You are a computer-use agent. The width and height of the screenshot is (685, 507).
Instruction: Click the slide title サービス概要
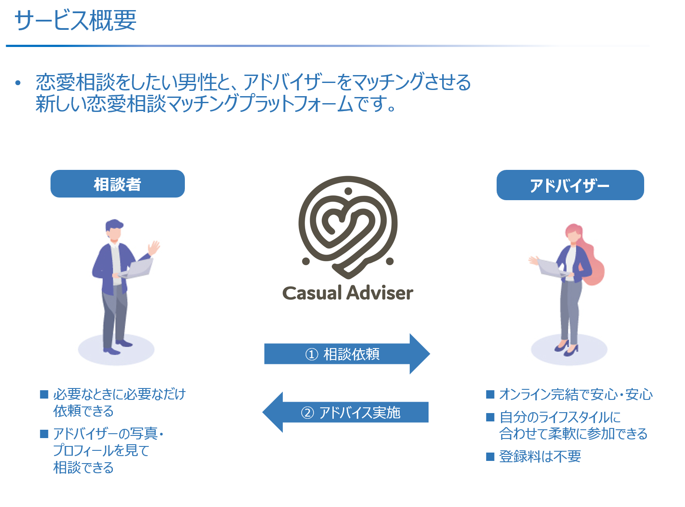pyautogui.click(x=75, y=21)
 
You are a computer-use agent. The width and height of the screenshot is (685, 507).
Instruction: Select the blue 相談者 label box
pyautogui.click(x=117, y=184)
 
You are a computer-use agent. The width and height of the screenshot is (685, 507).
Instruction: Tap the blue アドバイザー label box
pyautogui.click(x=570, y=185)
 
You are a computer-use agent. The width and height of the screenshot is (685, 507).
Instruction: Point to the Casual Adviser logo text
pyautogui.click(x=348, y=293)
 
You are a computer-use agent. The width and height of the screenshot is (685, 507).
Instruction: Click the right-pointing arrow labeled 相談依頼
pyautogui.click(x=347, y=354)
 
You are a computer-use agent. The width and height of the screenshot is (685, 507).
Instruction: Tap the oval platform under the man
pyautogui.click(x=116, y=350)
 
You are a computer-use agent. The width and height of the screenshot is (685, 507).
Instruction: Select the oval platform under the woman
pyautogui.click(x=569, y=350)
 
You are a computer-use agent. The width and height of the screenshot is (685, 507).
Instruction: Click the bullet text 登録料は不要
pyautogui.click(x=540, y=457)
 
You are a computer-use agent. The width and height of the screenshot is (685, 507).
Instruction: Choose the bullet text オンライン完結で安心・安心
pyautogui.click(x=576, y=394)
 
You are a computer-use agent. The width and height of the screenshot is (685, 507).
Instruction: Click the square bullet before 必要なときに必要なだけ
pyautogui.click(x=44, y=394)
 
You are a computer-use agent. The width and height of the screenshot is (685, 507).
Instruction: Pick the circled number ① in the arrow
pyautogui.click(x=311, y=354)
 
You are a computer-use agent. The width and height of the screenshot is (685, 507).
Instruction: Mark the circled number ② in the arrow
pyautogui.click(x=307, y=413)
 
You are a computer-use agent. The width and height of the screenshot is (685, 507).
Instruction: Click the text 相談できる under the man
pyautogui.click(x=83, y=467)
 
